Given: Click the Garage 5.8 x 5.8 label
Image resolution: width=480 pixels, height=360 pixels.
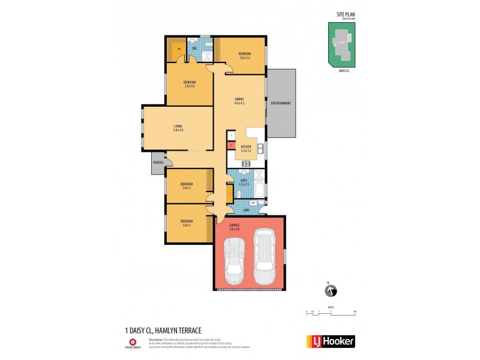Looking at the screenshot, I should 235,226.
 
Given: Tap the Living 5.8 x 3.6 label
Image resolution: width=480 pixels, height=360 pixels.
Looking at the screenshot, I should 178,128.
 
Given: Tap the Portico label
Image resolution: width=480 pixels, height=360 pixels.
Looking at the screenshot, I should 158,163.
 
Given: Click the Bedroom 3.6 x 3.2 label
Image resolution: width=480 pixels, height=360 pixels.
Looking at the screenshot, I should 245,56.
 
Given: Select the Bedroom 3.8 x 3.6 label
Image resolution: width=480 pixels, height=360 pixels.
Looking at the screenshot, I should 190,83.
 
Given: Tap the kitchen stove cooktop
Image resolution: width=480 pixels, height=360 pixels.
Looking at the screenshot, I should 245,164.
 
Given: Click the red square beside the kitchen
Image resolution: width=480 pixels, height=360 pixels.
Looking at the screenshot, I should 230,145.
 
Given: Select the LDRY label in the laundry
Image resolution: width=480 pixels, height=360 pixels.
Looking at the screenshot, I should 247,210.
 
